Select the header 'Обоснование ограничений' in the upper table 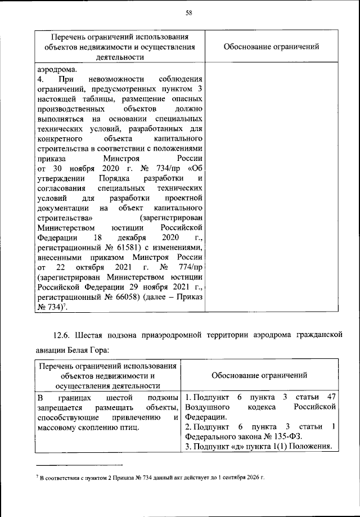[271, 47]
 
